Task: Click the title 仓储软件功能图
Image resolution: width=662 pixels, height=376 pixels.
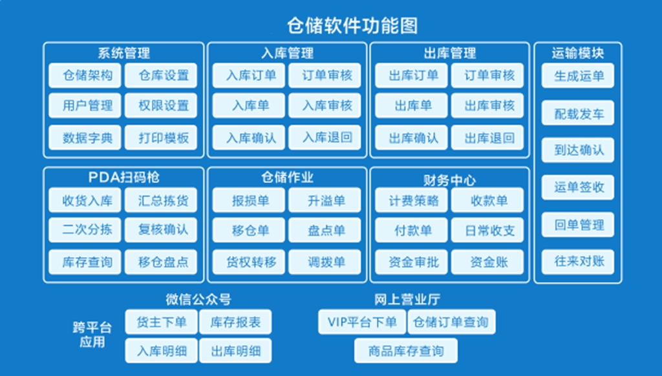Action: pos(352,25)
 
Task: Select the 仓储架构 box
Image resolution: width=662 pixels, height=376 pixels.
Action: pos(85,76)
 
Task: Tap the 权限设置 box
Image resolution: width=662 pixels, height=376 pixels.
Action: pos(161,105)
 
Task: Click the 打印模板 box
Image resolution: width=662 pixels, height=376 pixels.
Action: pos(161,138)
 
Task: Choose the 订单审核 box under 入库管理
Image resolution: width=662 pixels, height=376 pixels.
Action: pos(325,76)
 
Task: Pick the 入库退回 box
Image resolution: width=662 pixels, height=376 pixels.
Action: pos(325,138)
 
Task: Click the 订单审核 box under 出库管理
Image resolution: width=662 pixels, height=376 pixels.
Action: pos(487,76)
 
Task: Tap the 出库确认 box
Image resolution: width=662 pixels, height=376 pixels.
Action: pos(411,138)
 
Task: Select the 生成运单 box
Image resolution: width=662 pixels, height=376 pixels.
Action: pos(578,76)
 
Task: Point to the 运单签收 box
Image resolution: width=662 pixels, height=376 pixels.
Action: pos(578,187)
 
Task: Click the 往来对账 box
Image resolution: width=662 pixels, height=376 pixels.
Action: pos(578,262)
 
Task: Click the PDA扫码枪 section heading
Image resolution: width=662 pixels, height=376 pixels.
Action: pos(123,177)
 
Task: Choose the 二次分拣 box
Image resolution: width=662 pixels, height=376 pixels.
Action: pos(85,230)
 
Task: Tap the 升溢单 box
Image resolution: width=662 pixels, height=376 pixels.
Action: pos(325,200)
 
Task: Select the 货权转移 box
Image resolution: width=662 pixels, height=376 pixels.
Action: pos(249,262)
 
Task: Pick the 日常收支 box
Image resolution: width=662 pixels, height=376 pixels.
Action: pos(487,230)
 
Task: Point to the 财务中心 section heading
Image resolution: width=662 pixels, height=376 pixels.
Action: pos(449,180)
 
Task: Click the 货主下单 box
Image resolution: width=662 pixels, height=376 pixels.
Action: pos(161,322)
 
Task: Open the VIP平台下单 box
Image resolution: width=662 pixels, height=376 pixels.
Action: pos(362,322)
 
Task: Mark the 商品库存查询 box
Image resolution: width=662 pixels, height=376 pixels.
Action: pos(406,351)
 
